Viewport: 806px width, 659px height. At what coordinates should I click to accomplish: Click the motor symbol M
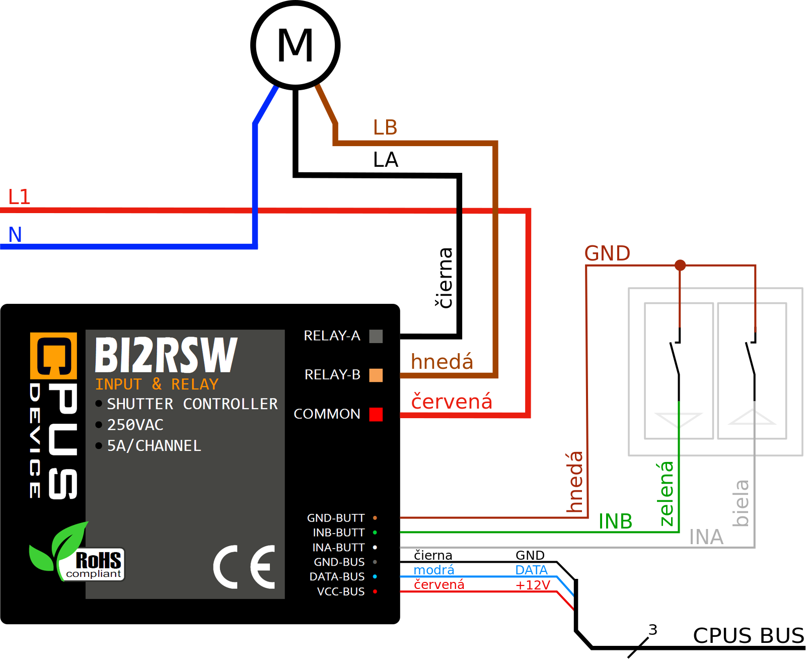(296, 45)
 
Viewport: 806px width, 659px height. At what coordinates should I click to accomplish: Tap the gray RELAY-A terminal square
(376, 336)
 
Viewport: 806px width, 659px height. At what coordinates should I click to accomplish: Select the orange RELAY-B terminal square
(376, 375)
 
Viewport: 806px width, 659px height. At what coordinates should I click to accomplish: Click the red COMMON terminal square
(376, 414)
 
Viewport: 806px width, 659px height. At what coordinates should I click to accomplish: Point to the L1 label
(20, 196)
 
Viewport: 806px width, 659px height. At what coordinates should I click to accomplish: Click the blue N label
(15, 234)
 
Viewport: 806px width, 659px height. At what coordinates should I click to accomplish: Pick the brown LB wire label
(385, 127)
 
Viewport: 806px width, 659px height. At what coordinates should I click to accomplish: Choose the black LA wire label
(386, 160)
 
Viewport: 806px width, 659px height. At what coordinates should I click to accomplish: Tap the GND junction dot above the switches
(680, 265)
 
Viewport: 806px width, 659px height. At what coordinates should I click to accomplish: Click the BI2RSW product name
(166, 355)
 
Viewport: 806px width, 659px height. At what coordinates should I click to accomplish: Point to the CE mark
(245, 567)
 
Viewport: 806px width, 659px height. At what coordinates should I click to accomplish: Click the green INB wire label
(615, 521)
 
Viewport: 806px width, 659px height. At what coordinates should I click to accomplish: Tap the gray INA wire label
(706, 537)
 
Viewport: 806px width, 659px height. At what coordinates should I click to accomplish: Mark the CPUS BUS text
(748, 635)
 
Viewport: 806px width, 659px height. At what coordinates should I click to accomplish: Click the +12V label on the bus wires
(533, 585)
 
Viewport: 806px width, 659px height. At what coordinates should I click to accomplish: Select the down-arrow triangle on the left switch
(678, 419)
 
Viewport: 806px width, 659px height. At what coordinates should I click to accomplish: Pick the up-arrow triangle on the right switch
(752, 418)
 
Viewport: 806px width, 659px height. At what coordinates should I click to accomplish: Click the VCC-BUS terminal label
(340, 591)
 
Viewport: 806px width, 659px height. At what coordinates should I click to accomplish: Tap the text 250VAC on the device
(135, 425)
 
